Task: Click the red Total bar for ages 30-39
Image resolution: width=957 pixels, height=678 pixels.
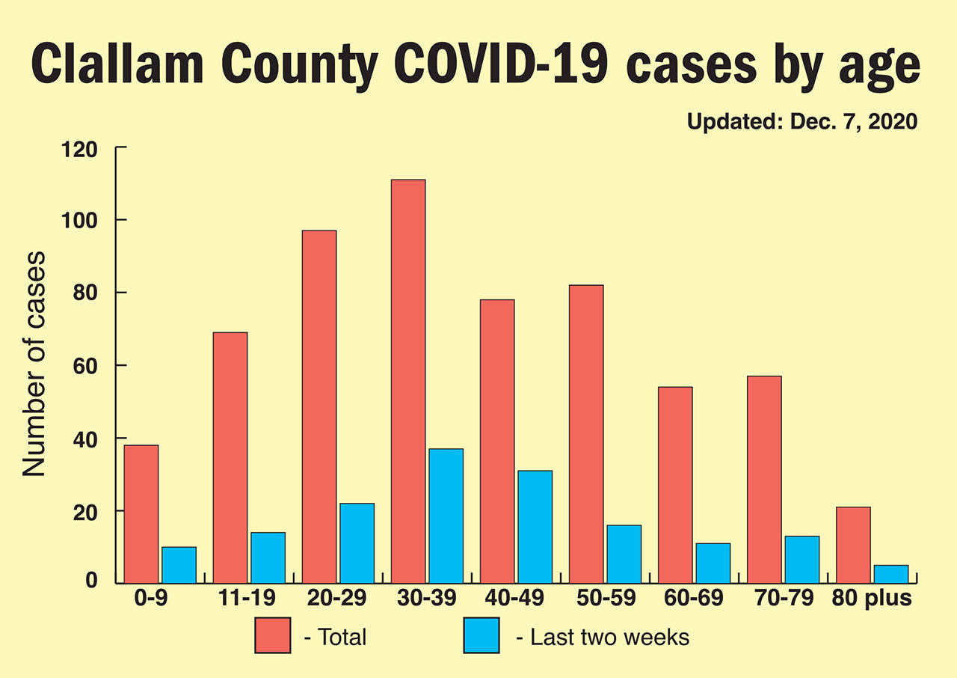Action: click(407, 382)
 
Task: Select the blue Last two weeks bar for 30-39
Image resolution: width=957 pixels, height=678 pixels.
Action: click(446, 516)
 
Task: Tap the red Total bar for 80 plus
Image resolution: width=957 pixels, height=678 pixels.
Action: click(852, 546)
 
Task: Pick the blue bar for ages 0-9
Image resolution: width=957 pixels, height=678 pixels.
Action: click(179, 565)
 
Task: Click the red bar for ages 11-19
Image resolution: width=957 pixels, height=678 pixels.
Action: click(230, 458)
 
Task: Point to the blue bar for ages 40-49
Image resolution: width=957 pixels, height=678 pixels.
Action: click(535, 527)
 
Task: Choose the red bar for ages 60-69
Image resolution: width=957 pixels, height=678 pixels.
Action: click(674, 485)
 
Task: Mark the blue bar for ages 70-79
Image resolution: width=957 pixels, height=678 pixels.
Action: click(801, 560)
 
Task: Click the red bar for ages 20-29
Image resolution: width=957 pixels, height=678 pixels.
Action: click(319, 407)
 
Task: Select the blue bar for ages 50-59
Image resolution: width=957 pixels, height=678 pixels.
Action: click(624, 555)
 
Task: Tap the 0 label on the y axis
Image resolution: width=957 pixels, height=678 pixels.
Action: click(91, 581)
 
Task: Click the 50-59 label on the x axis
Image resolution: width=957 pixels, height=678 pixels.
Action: click(605, 599)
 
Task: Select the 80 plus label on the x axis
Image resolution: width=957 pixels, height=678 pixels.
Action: click(874, 599)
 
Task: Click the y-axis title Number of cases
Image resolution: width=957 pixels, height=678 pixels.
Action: click(34, 364)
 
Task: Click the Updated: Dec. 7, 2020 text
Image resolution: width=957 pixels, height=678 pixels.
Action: click(801, 122)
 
